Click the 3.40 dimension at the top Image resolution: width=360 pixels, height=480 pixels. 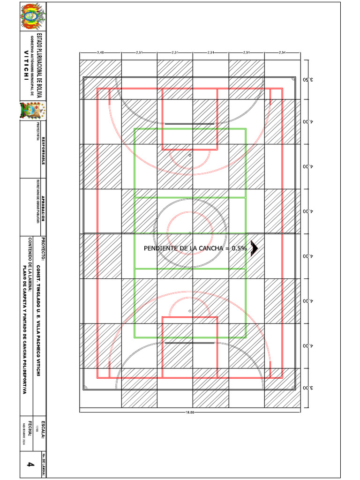click(x=100, y=52)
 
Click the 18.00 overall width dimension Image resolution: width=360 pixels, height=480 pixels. click(x=190, y=413)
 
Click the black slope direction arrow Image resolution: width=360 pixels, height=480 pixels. click(x=255, y=248)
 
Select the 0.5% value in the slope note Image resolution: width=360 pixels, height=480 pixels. click(x=239, y=248)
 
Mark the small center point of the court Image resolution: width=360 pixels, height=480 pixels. click(x=190, y=233)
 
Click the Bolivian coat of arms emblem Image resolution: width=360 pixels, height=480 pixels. click(x=32, y=17)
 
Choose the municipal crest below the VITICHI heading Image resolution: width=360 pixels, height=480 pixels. click(x=32, y=111)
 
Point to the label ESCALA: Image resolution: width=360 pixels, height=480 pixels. click(x=44, y=430)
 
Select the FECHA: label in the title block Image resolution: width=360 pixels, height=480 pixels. click(x=30, y=430)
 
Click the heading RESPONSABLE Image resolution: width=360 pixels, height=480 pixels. click(x=44, y=150)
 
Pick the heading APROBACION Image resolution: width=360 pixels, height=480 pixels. click(x=44, y=206)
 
